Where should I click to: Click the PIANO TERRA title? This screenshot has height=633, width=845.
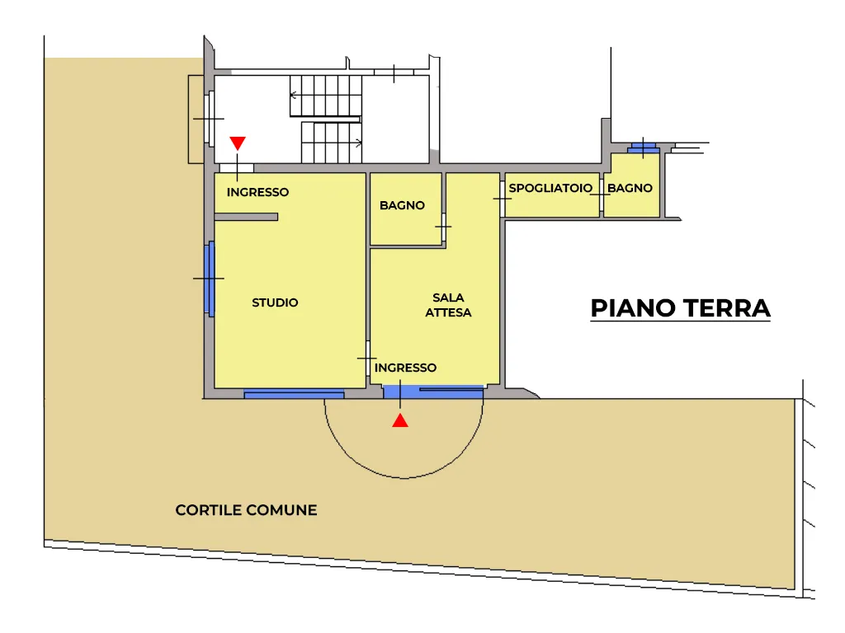coord(680,308)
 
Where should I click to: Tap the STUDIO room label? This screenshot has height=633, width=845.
coord(275,302)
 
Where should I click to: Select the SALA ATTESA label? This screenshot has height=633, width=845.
coord(448,305)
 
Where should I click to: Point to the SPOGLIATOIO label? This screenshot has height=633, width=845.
coord(550,188)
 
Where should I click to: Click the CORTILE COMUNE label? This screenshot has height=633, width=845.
coord(246,509)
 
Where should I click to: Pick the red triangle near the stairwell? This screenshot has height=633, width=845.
coord(238,143)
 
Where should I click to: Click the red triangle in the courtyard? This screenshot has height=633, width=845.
coord(400,420)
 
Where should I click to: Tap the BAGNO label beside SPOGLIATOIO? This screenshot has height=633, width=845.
coord(630,188)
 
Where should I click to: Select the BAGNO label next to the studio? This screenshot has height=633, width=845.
coord(402,205)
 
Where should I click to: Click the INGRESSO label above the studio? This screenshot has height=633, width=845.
coord(257,192)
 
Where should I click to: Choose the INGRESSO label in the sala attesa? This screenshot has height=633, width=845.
coord(405,368)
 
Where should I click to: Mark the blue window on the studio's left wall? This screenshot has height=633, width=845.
coord(210,279)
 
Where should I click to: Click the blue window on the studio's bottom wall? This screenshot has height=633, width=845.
coord(294,395)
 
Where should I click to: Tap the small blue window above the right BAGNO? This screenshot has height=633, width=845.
coord(644,147)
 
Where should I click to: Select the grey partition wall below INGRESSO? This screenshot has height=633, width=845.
coord(246,217)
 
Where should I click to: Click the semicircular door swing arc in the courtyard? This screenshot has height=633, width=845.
coord(404,477)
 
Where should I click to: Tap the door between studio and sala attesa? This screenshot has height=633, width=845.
coord(368,358)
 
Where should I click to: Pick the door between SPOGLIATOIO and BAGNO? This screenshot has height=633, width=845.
coord(602,195)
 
